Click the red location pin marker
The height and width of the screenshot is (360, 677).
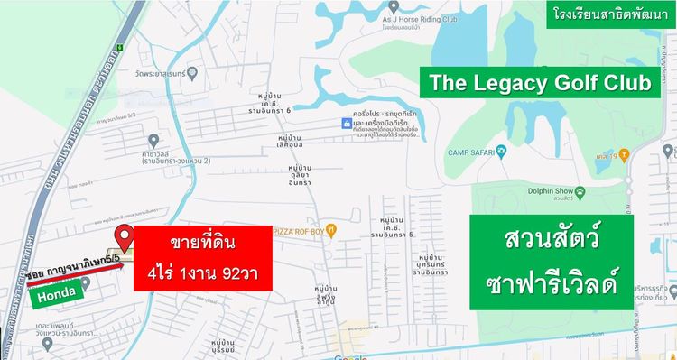click(125, 236)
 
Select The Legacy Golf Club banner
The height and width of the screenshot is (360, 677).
click(540, 84)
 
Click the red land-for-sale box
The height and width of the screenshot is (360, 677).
click(203, 259)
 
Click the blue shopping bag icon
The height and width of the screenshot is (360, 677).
click(345, 123)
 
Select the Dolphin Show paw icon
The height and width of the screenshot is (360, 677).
click(581, 191)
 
